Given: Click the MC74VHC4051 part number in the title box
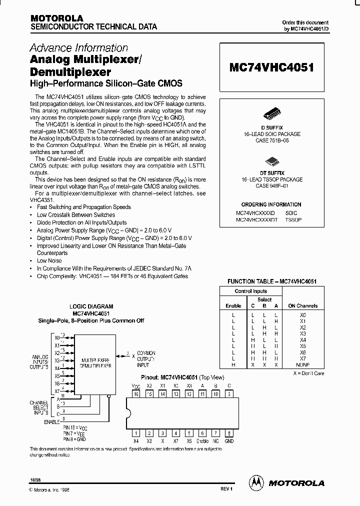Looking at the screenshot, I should tap(271, 67).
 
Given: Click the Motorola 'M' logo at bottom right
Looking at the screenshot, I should tap(256, 482).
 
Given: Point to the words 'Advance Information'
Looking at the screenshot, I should tap(79, 48).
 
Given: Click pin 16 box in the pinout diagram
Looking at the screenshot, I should tap(136, 394).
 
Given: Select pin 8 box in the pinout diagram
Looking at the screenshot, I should tap(229, 433).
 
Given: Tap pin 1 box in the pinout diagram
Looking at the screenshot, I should tap(136, 433).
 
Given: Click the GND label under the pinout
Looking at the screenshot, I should tap(229, 441).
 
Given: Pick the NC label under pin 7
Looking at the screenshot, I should tap(216, 441).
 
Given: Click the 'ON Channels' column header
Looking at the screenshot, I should tap(303, 305).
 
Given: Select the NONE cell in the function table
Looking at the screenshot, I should tap(303, 365).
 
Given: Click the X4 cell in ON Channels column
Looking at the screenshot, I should tap(303, 340).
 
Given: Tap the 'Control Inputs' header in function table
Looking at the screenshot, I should tap(251, 291).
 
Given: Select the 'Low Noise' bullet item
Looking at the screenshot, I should tap(49, 260).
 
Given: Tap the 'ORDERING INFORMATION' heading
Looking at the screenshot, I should tap(271, 204).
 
